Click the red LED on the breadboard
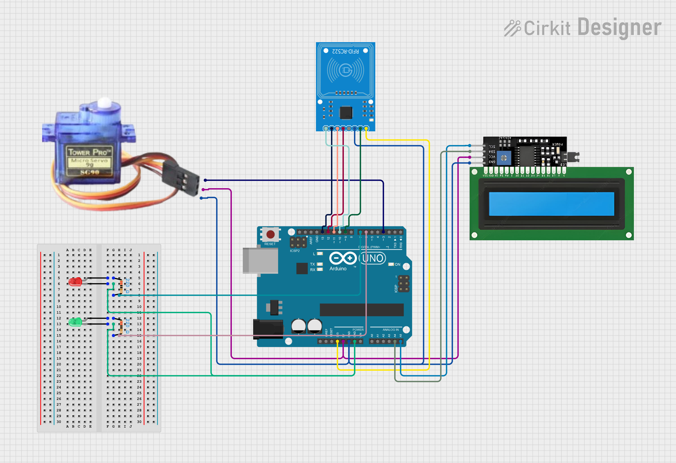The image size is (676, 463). click(75, 282)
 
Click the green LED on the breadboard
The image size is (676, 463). click(75, 322)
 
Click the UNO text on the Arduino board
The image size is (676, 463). click(373, 258)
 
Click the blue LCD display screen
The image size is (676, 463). click(551, 204)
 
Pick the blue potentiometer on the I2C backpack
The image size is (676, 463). click(504, 158)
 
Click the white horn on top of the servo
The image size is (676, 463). click(104, 103)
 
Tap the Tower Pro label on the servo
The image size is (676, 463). click(89, 152)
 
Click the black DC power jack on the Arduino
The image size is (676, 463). click(268, 329)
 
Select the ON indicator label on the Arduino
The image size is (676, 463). click(397, 264)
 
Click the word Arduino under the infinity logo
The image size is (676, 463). click(338, 269)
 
